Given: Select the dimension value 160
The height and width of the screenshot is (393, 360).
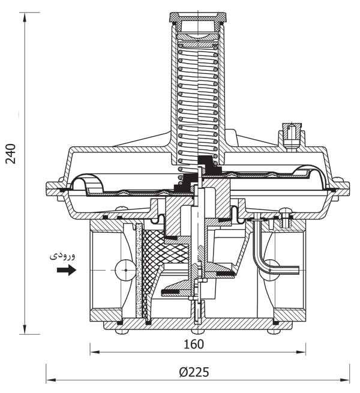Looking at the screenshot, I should click(194, 344).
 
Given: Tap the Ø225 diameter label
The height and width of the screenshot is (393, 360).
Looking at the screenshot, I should click(193, 371).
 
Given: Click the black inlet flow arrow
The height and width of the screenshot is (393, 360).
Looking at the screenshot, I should click(66, 271).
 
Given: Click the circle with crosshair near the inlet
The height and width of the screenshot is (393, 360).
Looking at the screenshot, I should click(125, 271).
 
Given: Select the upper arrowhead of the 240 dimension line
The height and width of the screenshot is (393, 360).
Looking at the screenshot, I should click(25, 16).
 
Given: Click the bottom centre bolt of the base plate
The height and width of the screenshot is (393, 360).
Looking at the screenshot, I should click(197, 330).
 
